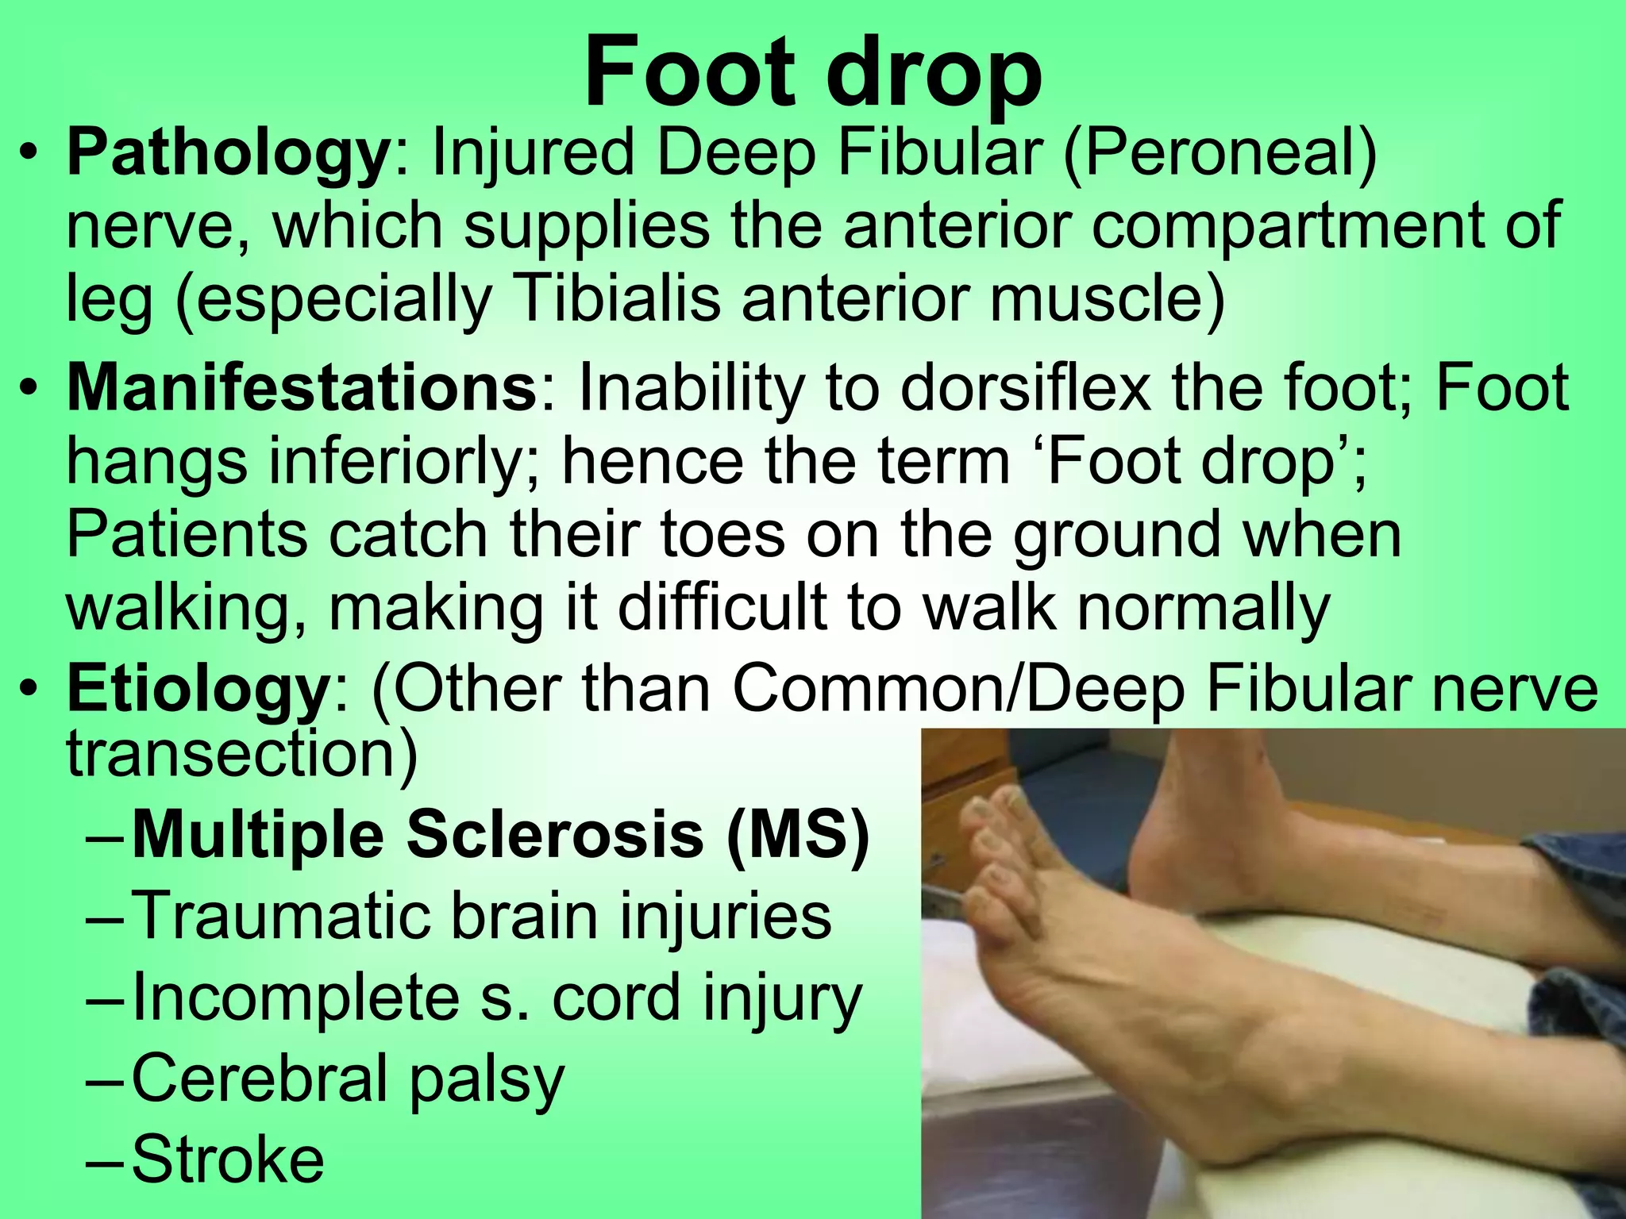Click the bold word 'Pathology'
pyautogui.click(x=226, y=155)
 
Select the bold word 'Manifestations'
pyautogui.click(x=302, y=389)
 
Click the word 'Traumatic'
pyautogui.click(x=280, y=917)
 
